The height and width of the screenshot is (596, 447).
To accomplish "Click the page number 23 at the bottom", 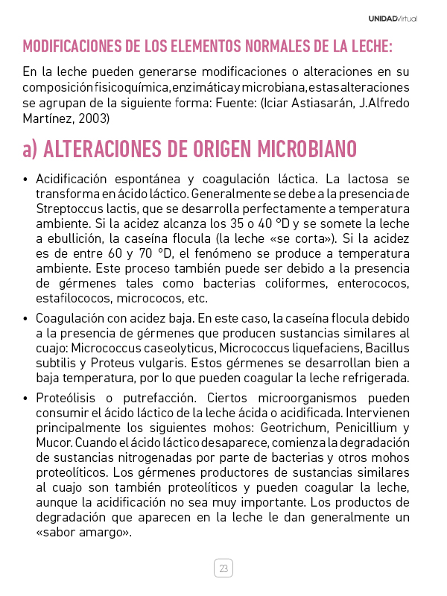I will click(223, 568).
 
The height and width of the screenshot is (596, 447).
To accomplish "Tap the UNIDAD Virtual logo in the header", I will click(393, 19).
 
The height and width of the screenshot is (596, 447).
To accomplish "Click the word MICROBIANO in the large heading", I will click(307, 149).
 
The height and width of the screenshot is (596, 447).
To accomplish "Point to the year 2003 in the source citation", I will click(95, 118).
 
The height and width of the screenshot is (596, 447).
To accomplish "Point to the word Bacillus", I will click(387, 349).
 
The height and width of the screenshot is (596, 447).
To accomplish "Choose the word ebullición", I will click(86, 238).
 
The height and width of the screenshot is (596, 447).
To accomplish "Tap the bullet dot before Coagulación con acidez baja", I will click(26, 318).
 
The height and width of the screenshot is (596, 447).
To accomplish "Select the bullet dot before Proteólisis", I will click(26, 397).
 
